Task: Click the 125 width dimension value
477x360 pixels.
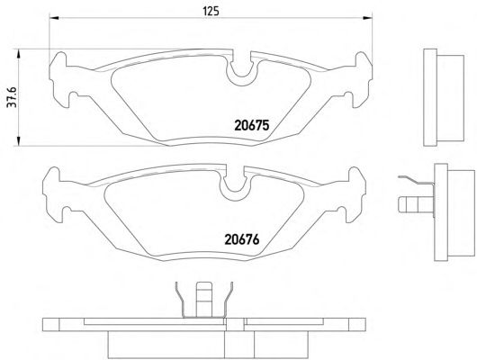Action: point(211,12)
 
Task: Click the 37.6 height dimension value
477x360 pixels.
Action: point(13,97)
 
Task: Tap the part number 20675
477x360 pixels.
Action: point(252,125)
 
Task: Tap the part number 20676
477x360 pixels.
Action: point(242,239)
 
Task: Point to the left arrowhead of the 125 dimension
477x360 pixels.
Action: point(54,18)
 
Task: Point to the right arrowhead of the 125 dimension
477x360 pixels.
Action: point(367,18)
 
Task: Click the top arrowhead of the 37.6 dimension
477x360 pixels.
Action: point(18,54)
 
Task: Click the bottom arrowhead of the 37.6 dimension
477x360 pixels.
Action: point(18,140)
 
